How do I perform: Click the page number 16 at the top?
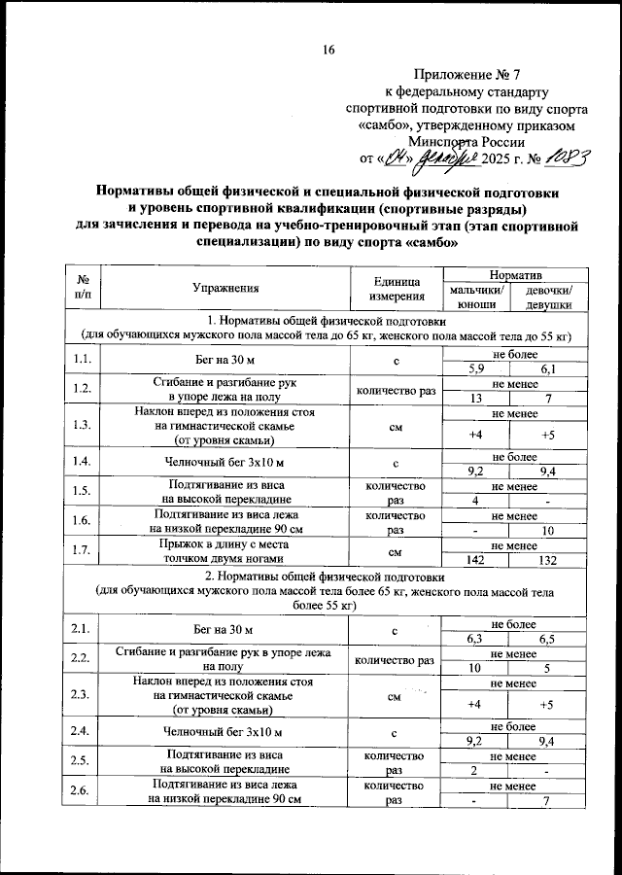pyautogui.click(x=328, y=50)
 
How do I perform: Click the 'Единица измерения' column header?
pyautogui.click(x=395, y=288)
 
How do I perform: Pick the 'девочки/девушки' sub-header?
pyautogui.click(x=548, y=297)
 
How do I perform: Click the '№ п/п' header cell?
pyautogui.click(x=83, y=288)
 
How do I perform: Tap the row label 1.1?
pyautogui.click(x=83, y=361)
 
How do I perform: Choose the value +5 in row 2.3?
pyautogui.click(x=548, y=704)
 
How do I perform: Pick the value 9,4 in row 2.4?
pyautogui.click(x=548, y=740)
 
